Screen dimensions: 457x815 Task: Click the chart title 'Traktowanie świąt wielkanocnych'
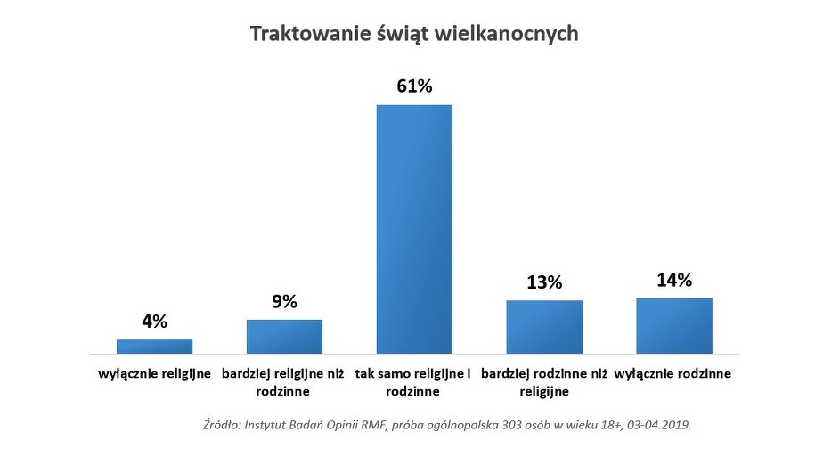414,34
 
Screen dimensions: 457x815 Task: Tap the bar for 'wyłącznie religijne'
154,347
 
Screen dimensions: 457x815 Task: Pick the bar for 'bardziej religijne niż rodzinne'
284,337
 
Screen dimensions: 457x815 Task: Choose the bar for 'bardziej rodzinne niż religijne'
544,327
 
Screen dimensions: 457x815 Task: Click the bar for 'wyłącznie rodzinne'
674,326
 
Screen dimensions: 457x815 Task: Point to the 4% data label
154,322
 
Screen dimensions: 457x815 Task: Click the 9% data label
284,301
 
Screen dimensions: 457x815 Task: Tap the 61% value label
414,86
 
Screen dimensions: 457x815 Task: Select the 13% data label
544,282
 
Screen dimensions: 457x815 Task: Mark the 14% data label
674,280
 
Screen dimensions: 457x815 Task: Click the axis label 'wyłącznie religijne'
154,374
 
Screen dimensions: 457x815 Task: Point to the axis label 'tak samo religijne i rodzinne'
414,382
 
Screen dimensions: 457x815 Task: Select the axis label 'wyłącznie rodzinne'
673,374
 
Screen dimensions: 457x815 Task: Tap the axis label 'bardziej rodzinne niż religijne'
544,382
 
